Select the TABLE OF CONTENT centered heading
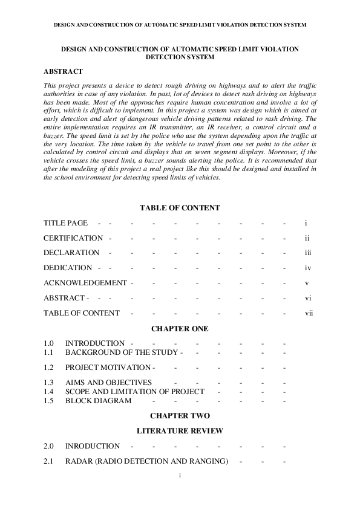[180, 208]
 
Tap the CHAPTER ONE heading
[180, 328]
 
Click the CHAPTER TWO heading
[180, 416]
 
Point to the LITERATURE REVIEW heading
[180, 431]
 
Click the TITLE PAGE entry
[65, 223]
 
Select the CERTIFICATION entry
[73, 238]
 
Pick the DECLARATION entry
[71, 253]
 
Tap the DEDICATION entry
[68, 268]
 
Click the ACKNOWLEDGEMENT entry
[85, 282]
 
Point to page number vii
[309, 313]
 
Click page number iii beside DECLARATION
[307, 253]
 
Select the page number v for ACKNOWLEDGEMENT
[307, 282]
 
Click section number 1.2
[49, 368]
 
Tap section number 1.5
[49, 401]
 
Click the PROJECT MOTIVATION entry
[108, 368]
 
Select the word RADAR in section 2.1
[78, 462]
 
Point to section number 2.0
[49, 446]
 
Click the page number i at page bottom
[180, 476]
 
